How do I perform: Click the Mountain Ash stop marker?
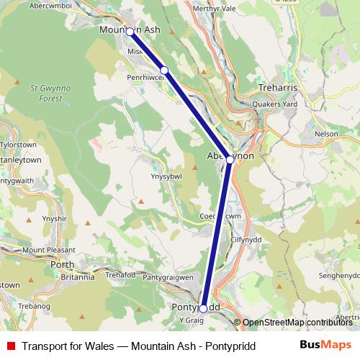coord(130,32)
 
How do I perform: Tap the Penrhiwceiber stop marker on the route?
coord(164,70)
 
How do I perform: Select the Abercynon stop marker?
coord(229,160)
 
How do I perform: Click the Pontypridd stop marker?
coord(203,308)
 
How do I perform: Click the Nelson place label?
coord(326,133)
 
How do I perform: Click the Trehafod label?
coord(120,275)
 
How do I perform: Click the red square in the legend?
coord(11,346)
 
